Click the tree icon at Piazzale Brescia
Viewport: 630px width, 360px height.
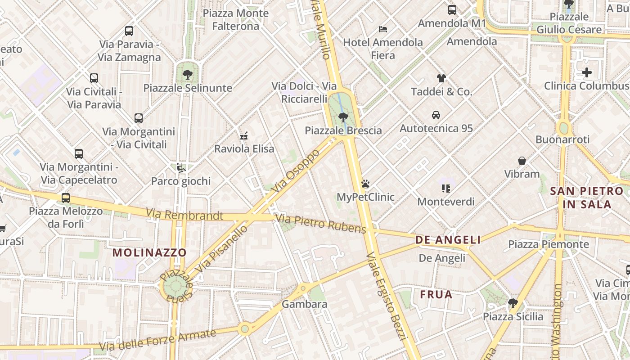(343, 117)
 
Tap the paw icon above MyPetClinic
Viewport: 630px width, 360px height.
(365, 184)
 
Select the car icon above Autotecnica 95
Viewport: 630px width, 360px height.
(436, 115)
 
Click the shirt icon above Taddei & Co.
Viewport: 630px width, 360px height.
(441, 78)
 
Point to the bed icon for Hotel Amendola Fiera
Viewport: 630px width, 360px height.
(383, 29)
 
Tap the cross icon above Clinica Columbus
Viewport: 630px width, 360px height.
(587, 72)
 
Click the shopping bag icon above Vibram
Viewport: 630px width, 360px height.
(522, 161)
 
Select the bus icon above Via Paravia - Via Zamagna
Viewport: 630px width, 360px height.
(129, 31)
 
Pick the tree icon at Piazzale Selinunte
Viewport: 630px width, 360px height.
(188, 74)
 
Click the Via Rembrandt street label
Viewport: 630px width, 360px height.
(184, 215)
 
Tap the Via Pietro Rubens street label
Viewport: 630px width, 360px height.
(321, 224)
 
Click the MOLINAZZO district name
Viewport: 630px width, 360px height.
(149, 252)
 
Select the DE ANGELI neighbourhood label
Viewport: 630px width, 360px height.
(448, 240)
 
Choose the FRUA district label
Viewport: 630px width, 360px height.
(436, 295)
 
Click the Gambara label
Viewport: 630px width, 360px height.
(304, 304)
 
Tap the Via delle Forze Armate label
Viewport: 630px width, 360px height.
(157, 340)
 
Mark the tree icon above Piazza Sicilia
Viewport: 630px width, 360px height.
(513, 303)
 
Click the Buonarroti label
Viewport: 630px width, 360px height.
(562, 139)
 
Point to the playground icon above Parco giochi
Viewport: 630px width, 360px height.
(180, 168)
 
